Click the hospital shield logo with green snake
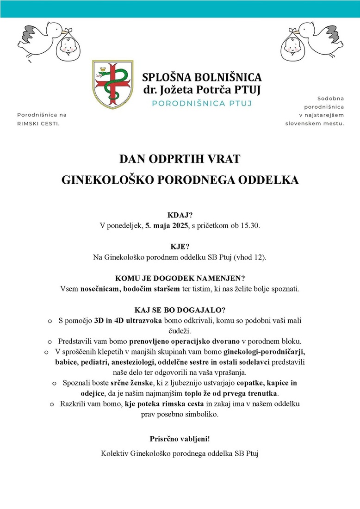click(111, 84)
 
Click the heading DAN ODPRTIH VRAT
click(180, 159)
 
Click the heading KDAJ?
click(180, 215)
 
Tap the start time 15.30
click(251, 225)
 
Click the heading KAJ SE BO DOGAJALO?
click(180, 310)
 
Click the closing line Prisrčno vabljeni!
click(180, 438)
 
